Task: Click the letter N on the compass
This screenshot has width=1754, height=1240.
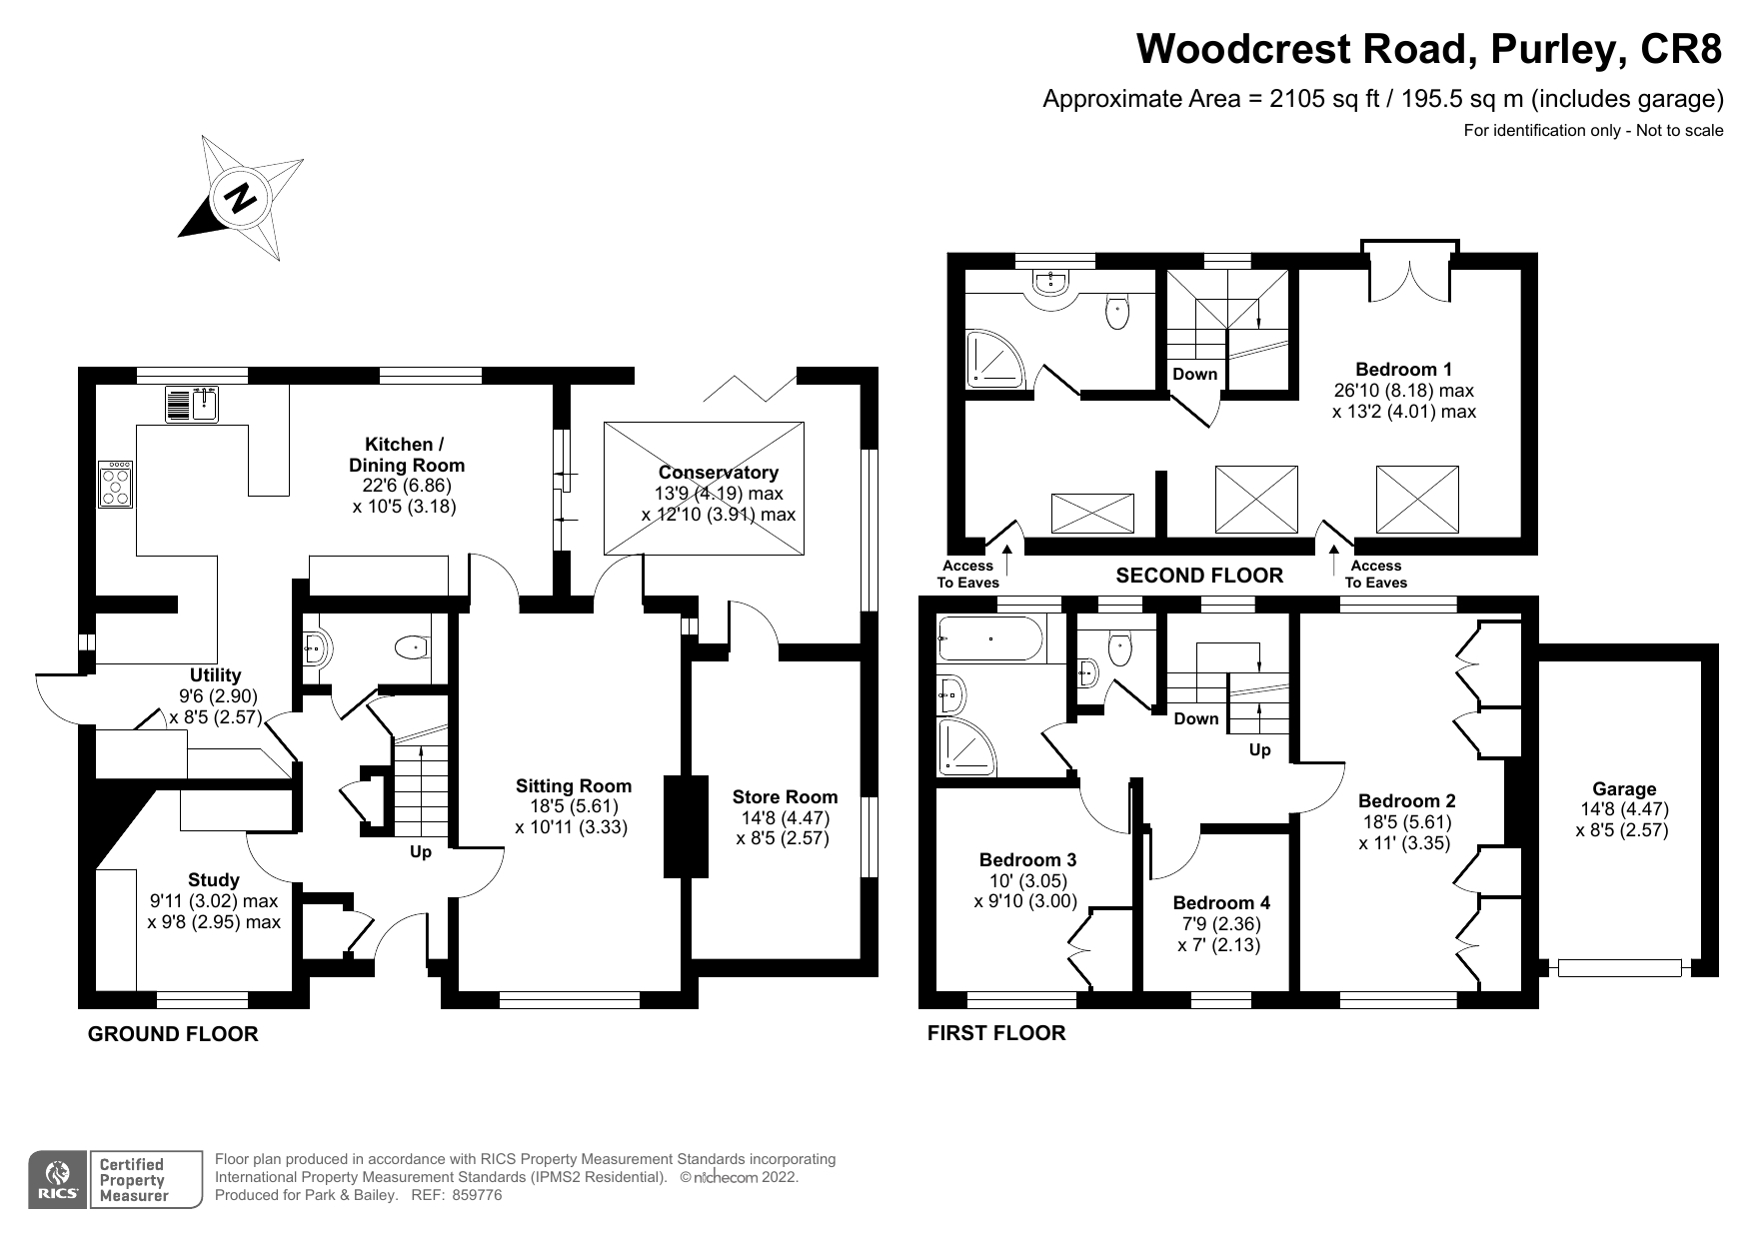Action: coord(240,197)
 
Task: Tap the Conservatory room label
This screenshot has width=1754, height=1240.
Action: coord(718,473)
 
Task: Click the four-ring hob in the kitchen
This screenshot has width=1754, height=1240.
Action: coord(116,486)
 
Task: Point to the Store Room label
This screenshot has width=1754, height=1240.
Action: coord(785,796)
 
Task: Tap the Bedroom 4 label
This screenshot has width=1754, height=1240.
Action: coord(1221,902)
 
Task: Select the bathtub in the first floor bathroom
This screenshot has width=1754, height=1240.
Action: coord(990,636)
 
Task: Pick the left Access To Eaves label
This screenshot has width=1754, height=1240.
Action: coord(967,574)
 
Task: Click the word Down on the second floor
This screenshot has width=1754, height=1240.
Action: coord(1194,374)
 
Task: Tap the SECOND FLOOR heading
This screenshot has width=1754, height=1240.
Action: coord(1198,576)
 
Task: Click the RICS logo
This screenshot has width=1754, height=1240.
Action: coord(59,1180)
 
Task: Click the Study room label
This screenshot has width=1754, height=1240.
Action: coord(213,879)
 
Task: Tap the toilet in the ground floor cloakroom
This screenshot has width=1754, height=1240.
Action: coord(411,648)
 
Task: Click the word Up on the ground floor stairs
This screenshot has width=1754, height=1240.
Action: coord(421,852)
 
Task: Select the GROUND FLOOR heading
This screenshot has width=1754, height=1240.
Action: coord(173,1034)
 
